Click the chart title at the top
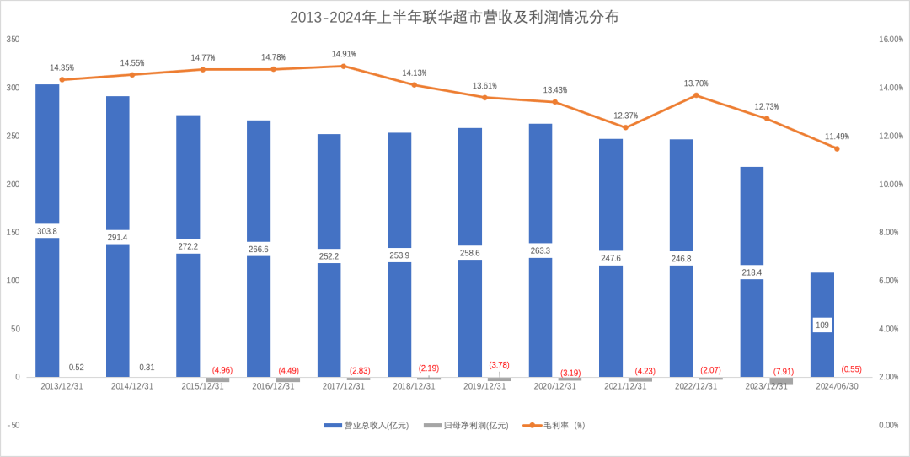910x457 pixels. pyautogui.click(x=454, y=17)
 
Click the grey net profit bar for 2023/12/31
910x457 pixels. pyautogui.click(x=781, y=381)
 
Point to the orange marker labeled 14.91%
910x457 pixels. pyautogui.click(x=344, y=66)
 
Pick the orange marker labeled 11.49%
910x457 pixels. pyautogui.click(x=837, y=148)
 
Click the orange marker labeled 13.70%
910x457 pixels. pyautogui.click(x=696, y=95)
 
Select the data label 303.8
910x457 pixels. pyautogui.click(x=47, y=231)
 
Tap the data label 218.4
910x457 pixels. pyautogui.click(x=752, y=272)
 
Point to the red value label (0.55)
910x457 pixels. pyautogui.click(x=851, y=369)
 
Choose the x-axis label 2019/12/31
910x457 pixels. pyautogui.click(x=484, y=386)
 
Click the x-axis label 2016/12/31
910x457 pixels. pyautogui.click(x=272, y=386)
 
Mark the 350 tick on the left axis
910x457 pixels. pyautogui.click(x=13, y=40)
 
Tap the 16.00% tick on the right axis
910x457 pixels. pyautogui.click(x=891, y=40)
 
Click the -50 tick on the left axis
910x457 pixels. pyautogui.click(x=13, y=425)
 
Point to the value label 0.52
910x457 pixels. pyautogui.click(x=76, y=368)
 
